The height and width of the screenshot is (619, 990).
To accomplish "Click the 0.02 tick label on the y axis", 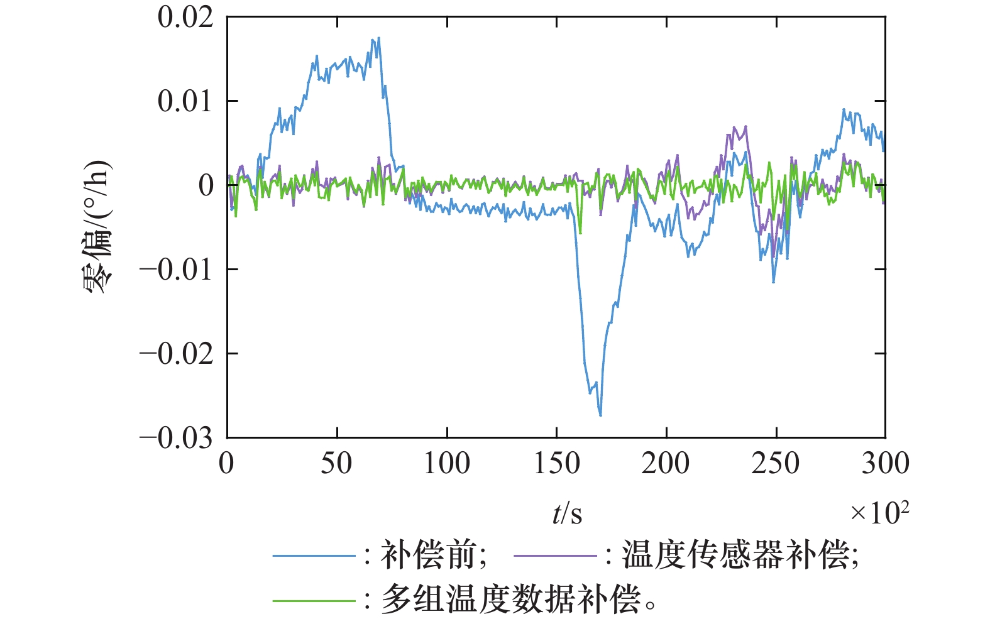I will pyautogui.click(x=185, y=18).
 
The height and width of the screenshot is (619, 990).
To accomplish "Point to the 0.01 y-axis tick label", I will pyautogui.click(x=185, y=101).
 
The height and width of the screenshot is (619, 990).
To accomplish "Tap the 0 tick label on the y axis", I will pyautogui.click(x=206, y=185).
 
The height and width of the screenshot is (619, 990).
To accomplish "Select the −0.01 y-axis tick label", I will pyautogui.click(x=177, y=270).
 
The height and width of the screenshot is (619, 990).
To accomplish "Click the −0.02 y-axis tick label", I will pyautogui.click(x=177, y=354).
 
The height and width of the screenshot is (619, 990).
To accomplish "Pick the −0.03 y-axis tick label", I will pyautogui.click(x=177, y=438).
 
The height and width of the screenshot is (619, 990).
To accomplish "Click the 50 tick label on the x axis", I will pyautogui.click(x=336, y=464).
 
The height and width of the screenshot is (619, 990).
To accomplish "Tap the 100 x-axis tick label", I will pyautogui.click(x=446, y=464).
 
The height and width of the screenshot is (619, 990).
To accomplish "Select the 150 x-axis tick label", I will pyautogui.click(x=556, y=464).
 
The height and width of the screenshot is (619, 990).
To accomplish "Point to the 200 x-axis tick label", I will pyautogui.click(x=666, y=464).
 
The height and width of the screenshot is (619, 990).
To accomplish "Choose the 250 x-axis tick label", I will pyautogui.click(x=776, y=464).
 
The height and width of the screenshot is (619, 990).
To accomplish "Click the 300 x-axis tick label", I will pyautogui.click(x=885, y=464).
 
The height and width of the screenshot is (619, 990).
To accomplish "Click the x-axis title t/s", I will pyautogui.click(x=567, y=514).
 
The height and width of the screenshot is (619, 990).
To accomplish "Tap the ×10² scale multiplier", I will pyautogui.click(x=879, y=512).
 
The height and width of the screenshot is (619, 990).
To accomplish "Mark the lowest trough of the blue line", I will pyautogui.click(x=600, y=415).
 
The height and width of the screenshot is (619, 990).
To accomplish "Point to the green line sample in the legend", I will pyautogui.click(x=314, y=600).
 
